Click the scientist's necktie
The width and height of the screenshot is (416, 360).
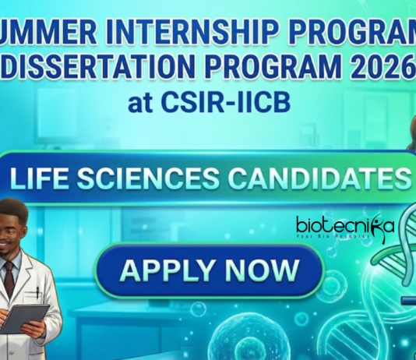click(7, 276)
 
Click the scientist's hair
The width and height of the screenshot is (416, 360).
click(16, 206)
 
